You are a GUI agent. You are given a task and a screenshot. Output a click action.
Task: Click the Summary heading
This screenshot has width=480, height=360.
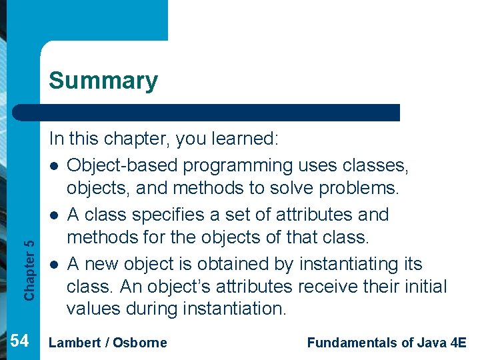pyautogui.click(x=103, y=81)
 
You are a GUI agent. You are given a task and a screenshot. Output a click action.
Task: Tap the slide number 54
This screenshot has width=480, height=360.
pyautogui.click(x=20, y=341)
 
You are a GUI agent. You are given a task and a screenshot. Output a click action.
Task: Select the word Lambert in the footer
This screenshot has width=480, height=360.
pyautogui.click(x=73, y=343)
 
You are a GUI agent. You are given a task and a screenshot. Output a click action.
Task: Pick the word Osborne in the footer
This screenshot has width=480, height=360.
pyautogui.click(x=140, y=343)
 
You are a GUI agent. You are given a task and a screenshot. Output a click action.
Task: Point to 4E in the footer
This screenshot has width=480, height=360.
pyautogui.click(x=459, y=343)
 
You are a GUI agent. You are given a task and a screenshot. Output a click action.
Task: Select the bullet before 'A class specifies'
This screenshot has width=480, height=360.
pyautogui.click(x=53, y=215)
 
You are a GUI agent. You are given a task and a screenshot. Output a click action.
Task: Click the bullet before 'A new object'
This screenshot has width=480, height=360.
pyautogui.click(x=53, y=265)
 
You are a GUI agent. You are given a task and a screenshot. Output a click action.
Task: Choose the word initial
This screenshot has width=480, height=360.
pyautogui.click(x=423, y=287)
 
